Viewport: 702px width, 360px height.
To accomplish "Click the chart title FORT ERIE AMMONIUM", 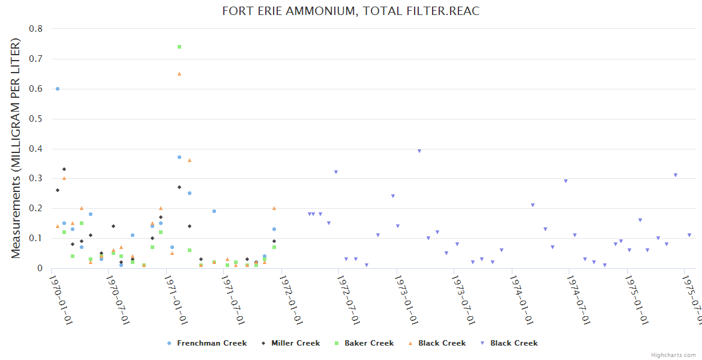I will click(350, 11).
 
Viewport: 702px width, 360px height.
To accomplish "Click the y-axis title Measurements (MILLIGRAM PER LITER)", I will click(16, 148).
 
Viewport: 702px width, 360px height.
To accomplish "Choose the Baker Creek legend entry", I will click(364, 343).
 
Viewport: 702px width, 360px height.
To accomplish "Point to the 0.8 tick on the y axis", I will click(36, 29).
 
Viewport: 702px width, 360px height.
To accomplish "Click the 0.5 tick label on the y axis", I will click(36, 119).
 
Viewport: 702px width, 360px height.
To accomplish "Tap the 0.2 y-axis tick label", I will click(36, 208).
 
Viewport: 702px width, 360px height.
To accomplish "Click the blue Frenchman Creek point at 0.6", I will click(58, 89).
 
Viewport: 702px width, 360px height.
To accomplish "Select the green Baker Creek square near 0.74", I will click(179, 47).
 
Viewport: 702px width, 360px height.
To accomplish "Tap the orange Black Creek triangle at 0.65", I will click(179, 74).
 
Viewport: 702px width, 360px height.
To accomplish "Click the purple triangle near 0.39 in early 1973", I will click(419, 151).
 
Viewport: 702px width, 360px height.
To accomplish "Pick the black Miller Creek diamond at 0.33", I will click(64, 169).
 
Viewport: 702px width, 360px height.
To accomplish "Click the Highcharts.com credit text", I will click(674, 355).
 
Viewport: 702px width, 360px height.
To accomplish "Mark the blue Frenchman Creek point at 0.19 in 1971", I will click(214, 211).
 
